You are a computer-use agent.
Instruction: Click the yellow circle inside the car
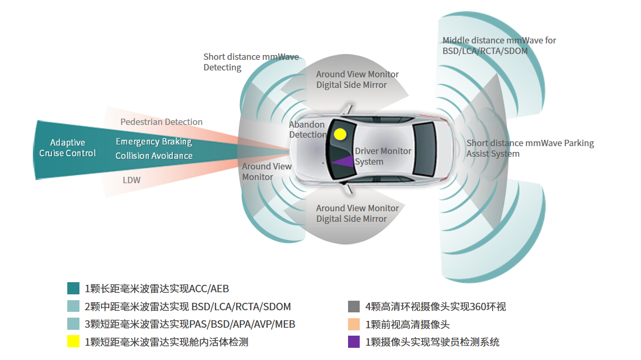pos(340,134)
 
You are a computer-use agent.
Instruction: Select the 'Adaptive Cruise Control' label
pos(67,148)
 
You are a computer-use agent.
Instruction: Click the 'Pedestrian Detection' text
pos(161,122)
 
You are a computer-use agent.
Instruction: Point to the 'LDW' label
pos(131,180)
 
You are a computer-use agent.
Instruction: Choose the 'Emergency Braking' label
pos(154,141)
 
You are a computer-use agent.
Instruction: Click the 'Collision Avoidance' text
pos(154,156)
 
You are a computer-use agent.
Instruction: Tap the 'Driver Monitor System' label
pos(382,156)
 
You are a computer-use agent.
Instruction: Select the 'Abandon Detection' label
pos(307,129)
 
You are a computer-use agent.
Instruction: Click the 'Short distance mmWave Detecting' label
pos(251,62)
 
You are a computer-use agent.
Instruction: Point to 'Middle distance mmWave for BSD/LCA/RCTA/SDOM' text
pos(499,46)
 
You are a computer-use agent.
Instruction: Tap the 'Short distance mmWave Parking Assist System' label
pos(530,148)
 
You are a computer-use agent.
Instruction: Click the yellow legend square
pos(73,341)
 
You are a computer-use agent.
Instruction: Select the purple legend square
pos(354,341)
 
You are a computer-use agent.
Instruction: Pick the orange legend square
pos(354,324)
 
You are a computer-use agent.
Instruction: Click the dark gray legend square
pos(354,307)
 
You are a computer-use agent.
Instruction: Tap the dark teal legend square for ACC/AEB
pos(73,289)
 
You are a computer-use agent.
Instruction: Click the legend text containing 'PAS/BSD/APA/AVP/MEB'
pos(190,324)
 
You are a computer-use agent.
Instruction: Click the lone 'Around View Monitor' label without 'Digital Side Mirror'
pos(266,172)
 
